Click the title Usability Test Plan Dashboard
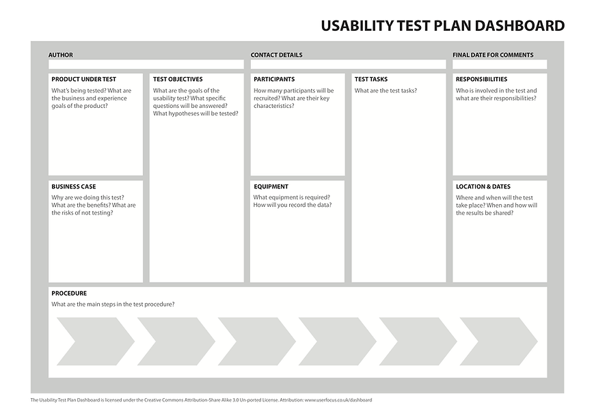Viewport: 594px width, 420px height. pos(442,26)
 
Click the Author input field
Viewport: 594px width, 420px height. pos(146,65)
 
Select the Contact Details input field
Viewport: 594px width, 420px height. pos(347,65)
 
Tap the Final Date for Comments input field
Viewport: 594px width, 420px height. pos(499,65)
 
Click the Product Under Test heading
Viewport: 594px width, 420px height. pos(83,79)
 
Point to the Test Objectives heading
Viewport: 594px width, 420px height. pos(178,79)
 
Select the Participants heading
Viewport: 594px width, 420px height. pos(274,79)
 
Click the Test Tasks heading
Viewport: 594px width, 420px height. pos(371,79)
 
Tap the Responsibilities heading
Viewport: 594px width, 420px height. pos(481,79)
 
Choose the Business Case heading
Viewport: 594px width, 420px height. pos(74,186)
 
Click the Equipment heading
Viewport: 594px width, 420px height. pos(271,186)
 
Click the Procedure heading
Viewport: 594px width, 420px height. pos(69,294)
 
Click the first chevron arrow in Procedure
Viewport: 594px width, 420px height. pos(95,341)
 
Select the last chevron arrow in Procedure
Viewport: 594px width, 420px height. pos(498,341)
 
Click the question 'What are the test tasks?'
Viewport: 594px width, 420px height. pos(386,91)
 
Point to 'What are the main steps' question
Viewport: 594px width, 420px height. pos(113,305)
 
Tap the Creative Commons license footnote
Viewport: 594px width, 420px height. pos(201,400)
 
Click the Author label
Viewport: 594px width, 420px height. pos(60,55)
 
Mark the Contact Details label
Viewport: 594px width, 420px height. pos(276,55)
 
